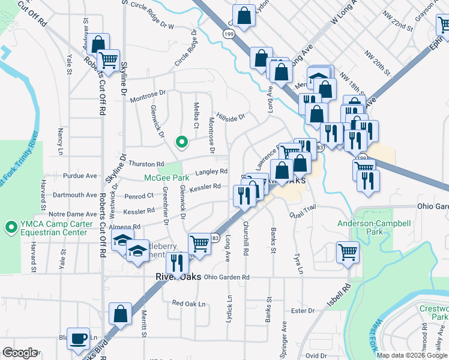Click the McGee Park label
coord(166,178)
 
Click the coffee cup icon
coord(78,338)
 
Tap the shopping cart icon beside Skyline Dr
coord(108,60)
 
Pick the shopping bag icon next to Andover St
coord(98,44)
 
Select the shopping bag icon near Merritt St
coord(120,314)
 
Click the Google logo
coord(20,352)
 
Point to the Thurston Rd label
coord(146,164)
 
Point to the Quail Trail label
coord(302,214)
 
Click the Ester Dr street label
coord(303,311)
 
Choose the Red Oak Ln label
coord(188,304)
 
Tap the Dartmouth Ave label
coord(74,195)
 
